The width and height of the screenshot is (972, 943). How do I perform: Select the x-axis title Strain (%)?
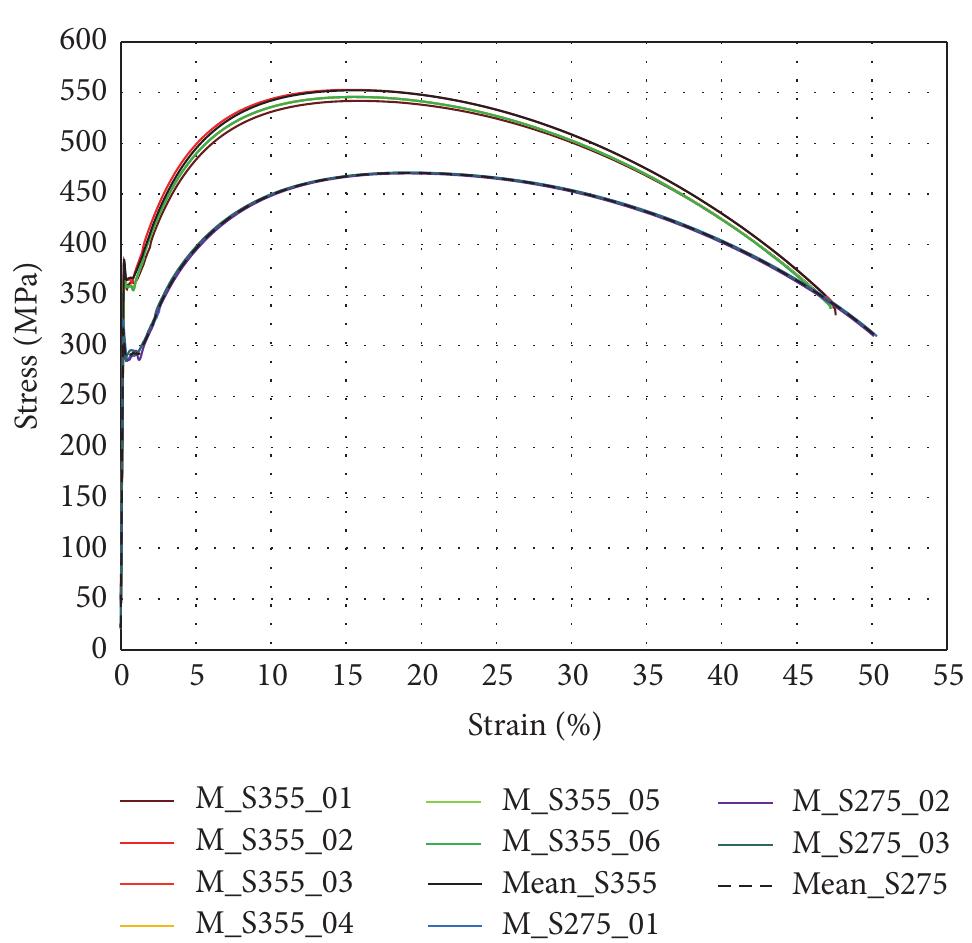[534, 724]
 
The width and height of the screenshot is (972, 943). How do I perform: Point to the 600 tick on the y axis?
[83, 42]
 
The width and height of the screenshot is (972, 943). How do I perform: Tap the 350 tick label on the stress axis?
[83, 295]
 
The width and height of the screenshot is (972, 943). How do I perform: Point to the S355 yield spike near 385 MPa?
[124, 259]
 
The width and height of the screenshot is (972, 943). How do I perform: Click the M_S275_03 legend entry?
[870, 842]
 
